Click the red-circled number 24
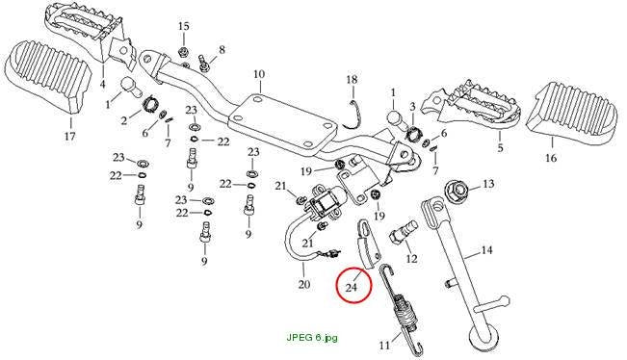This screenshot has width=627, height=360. coord(352,287)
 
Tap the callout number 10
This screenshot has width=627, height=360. coord(259,74)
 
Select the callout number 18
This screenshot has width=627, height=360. coord(352,80)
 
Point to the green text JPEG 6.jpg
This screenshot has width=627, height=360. coord(312,337)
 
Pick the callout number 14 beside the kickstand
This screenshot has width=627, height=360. coord(486,250)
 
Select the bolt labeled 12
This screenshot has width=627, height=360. coord(403,233)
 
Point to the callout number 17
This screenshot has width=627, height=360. coord(69,137)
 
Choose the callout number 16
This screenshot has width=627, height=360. coord(551,158)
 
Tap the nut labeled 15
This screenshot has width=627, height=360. coord(183,52)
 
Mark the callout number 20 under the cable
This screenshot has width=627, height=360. coord(304,284)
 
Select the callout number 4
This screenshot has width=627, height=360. coord(103,85)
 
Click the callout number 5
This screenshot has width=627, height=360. coord(500,148)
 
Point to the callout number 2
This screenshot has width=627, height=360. coord(124,120)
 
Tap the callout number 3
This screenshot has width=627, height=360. coord(412,107)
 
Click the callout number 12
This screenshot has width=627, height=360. coord(411,259)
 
